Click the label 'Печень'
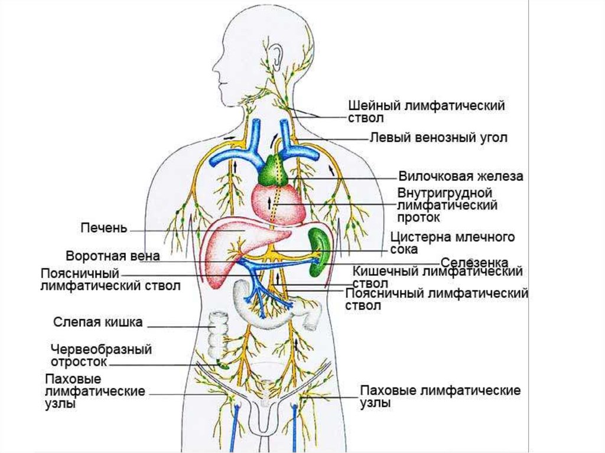click(x=103, y=227)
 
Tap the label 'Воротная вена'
click(x=112, y=256)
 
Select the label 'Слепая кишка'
click(x=98, y=322)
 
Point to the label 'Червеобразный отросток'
click(x=101, y=355)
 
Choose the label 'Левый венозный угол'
click(x=438, y=138)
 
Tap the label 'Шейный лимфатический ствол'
click(x=426, y=112)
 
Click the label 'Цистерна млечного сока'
click(x=453, y=243)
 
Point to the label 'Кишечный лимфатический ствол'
click(x=437, y=276)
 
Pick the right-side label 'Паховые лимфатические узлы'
click(x=440, y=396)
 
